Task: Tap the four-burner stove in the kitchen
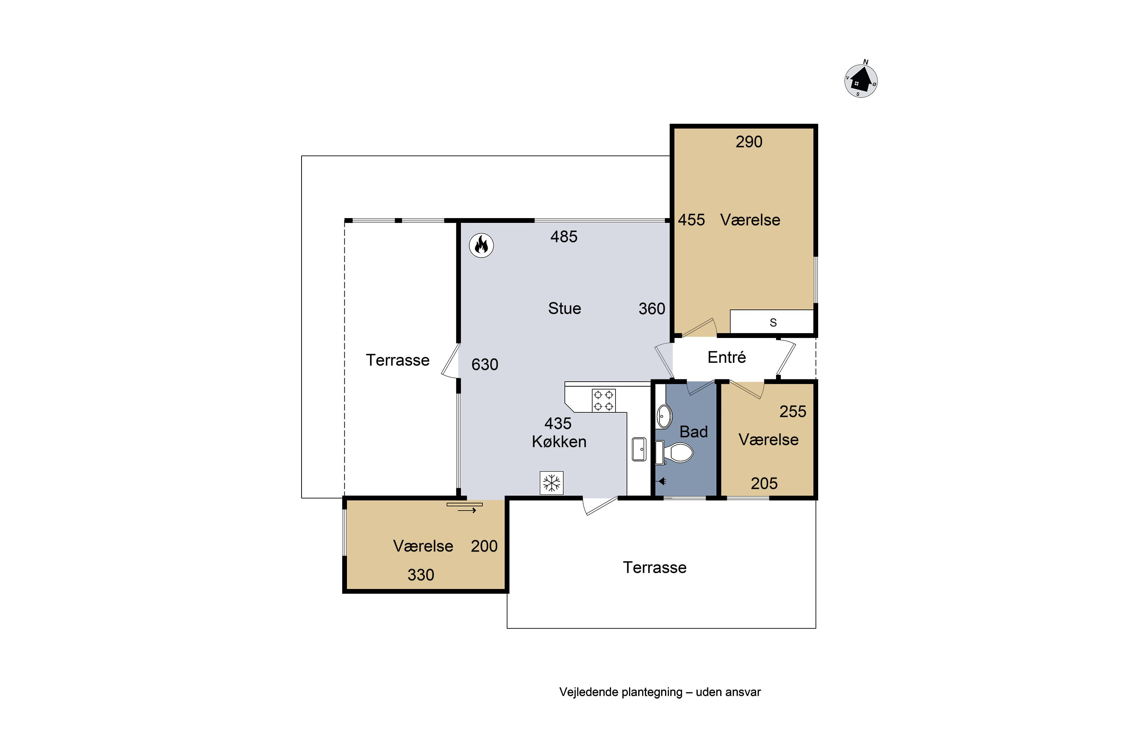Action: click(603, 400)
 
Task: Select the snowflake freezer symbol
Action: click(552, 482)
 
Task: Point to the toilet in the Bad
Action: click(674, 453)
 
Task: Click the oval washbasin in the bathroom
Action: click(664, 416)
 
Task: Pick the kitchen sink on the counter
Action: click(639, 449)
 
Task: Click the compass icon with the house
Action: click(861, 80)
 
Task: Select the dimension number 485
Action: click(564, 237)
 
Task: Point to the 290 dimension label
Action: click(749, 142)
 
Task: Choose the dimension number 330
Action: click(421, 575)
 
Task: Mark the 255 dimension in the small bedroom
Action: click(793, 411)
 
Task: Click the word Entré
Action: click(726, 357)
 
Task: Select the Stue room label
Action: click(564, 308)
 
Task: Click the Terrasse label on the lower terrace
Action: click(655, 568)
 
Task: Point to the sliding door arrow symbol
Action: click(467, 511)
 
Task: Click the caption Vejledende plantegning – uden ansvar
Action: click(660, 692)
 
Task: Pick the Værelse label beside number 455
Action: click(750, 220)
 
